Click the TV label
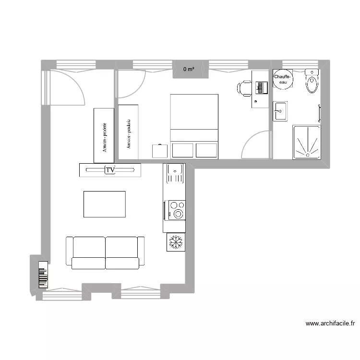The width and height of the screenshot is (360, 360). [110, 170]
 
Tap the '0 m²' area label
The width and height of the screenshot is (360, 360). [189, 70]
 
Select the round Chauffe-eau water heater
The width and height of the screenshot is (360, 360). [281, 80]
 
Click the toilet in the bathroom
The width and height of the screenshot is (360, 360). [312, 82]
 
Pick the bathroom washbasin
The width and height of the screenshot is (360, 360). [280, 111]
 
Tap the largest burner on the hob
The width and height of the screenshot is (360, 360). [180, 214]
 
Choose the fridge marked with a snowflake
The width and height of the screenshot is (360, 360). [176, 242]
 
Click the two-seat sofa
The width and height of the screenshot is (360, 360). [105, 252]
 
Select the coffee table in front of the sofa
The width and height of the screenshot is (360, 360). [105, 204]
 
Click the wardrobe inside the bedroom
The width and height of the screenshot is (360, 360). [129, 132]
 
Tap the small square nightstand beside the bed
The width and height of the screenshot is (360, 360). [160, 151]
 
